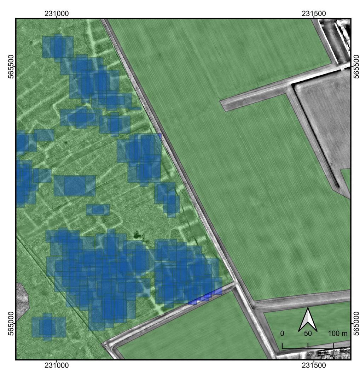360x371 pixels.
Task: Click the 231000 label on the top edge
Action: click(57, 14)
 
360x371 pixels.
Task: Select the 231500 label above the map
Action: click(314, 14)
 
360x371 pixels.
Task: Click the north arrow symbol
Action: click(308, 320)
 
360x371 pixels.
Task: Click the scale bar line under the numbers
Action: click(308, 348)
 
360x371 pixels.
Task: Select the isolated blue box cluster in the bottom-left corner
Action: click(48, 326)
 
